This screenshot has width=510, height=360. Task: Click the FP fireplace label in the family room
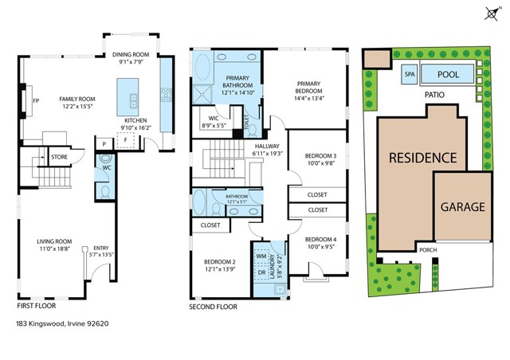(36, 100)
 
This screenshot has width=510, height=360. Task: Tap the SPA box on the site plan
(410, 74)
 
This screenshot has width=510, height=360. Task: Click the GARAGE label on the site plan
(463, 206)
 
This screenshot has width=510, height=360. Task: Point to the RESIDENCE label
(422, 158)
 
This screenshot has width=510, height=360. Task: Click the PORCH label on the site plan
(428, 248)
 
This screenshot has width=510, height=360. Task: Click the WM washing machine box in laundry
(261, 256)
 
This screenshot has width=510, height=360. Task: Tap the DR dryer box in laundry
(261, 273)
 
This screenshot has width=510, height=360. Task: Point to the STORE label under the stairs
(60, 158)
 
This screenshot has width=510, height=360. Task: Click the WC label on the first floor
(106, 168)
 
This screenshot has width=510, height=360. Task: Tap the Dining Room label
(131, 55)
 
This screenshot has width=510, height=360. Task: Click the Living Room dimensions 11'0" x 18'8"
(55, 249)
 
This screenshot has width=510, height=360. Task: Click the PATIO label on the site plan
(434, 95)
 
